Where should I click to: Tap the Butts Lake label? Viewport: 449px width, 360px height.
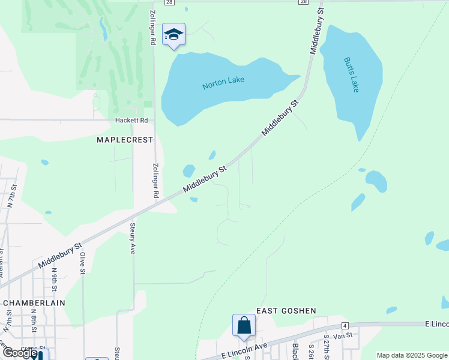pyautogui.click(x=351, y=74)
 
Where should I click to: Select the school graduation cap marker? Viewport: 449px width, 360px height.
pyautogui.click(x=173, y=34)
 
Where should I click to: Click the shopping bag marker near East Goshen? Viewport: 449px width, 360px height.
pyautogui.click(x=244, y=326)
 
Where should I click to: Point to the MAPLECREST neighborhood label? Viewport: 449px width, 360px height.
pyautogui.click(x=125, y=140)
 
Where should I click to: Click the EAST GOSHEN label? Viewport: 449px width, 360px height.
pyautogui.click(x=286, y=310)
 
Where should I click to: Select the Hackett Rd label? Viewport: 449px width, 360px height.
pyautogui.click(x=131, y=120)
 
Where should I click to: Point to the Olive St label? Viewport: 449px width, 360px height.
pyautogui.click(x=83, y=263)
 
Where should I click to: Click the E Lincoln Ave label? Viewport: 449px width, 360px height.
pyautogui.click(x=244, y=349)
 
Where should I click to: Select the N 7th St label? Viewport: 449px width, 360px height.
pyautogui.click(x=11, y=197)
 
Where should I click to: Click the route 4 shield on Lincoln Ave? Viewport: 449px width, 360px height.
pyautogui.click(x=345, y=325)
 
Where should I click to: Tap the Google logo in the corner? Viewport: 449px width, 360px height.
pyautogui.click(x=20, y=353)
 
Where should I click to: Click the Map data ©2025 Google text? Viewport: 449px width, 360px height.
pyautogui.click(x=412, y=355)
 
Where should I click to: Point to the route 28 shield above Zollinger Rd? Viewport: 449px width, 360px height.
pyautogui.click(x=170, y=2)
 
